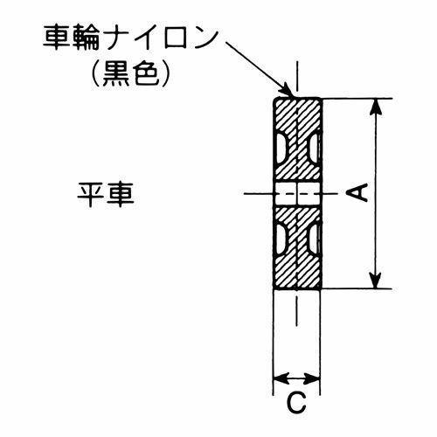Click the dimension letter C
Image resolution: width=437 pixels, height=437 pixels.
coord(296,402)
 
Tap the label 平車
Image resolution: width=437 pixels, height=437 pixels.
coord(106,195)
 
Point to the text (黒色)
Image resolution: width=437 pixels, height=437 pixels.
coord(130,73)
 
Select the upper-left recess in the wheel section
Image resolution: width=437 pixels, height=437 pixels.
coord(281,149)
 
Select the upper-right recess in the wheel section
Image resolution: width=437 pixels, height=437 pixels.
coord(314,149)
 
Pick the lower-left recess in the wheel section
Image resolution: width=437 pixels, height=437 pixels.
coord(281,239)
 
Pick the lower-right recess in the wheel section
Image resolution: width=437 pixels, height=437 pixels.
coord(314,239)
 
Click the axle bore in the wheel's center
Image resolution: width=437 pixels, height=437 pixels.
coord(297,193)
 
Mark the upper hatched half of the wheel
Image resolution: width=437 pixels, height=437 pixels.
coord(297,140)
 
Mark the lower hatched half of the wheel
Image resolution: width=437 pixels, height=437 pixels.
coord(297,247)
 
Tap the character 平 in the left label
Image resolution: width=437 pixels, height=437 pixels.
coord(90,195)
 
